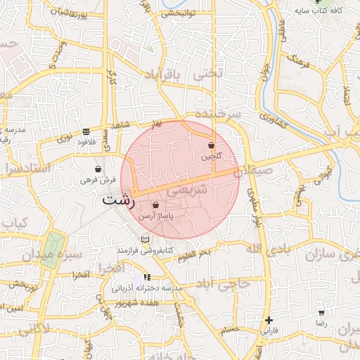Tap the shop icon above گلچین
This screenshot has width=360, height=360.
pos(211,146)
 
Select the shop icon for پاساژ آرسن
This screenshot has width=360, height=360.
pos(155,205)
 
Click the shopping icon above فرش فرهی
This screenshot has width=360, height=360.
pos(97,169)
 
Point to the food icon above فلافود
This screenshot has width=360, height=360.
pos(86,131)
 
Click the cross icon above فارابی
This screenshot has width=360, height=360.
pos(269,320)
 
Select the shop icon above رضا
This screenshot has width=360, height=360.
pos(321,313)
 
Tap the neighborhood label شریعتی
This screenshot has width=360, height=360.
pos(190,190)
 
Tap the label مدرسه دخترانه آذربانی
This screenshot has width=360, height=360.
pos(147,288)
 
